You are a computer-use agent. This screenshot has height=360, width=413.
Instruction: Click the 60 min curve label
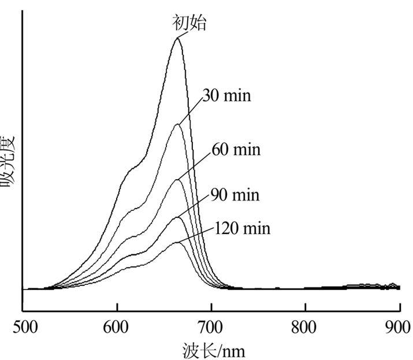pyautogui.click(x=236, y=150)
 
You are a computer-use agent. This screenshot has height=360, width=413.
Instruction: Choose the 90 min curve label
pyautogui.click(x=235, y=195)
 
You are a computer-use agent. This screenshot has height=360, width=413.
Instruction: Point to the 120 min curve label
pyautogui.click(x=242, y=228)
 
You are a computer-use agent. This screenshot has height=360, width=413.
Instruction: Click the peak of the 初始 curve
pyautogui.click(x=177, y=38)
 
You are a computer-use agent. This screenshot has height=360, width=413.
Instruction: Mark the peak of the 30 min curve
pyautogui.click(x=177, y=124)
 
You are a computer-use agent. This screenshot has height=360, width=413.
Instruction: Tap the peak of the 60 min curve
pyautogui.click(x=177, y=180)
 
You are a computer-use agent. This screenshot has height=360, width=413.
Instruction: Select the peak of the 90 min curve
pyautogui.click(x=177, y=217)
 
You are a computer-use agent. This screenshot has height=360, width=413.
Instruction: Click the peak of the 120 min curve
pyautogui.click(x=177, y=242)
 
